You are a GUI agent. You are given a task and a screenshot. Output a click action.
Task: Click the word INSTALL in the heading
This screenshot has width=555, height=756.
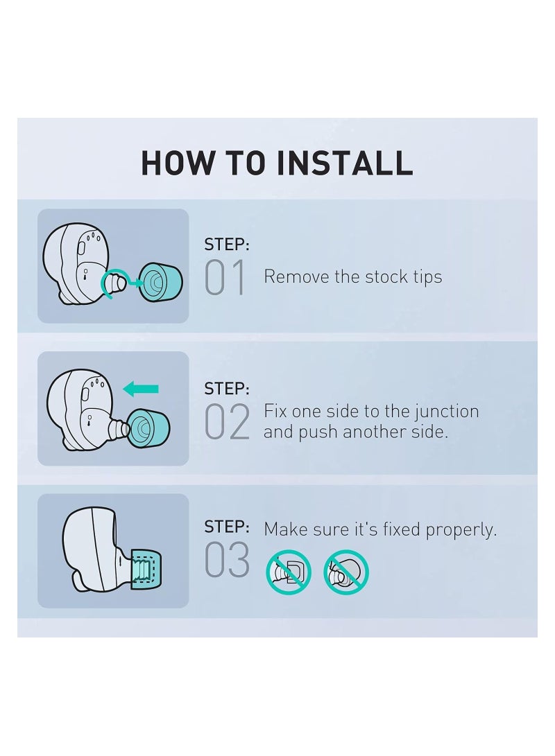tap(344, 162)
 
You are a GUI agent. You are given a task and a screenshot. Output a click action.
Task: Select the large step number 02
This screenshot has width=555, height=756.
tap(227, 422)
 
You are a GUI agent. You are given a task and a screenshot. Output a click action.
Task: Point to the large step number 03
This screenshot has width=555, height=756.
tap(227, 559)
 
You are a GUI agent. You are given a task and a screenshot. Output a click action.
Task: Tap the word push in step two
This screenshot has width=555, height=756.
tap(316, 432)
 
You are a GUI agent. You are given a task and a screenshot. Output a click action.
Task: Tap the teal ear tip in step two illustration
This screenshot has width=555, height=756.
tap(150, 427)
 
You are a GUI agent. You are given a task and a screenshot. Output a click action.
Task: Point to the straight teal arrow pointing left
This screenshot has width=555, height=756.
tap(141, 389)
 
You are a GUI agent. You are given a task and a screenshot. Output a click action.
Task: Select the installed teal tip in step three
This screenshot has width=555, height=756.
tap(146, 569)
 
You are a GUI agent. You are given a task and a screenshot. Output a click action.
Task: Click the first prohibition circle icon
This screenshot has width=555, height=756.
tap(289, 572)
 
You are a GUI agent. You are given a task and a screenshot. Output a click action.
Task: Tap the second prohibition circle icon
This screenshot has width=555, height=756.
tap(346, 572)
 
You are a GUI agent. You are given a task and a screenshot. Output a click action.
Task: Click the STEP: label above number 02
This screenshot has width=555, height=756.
tap(227, 389)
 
